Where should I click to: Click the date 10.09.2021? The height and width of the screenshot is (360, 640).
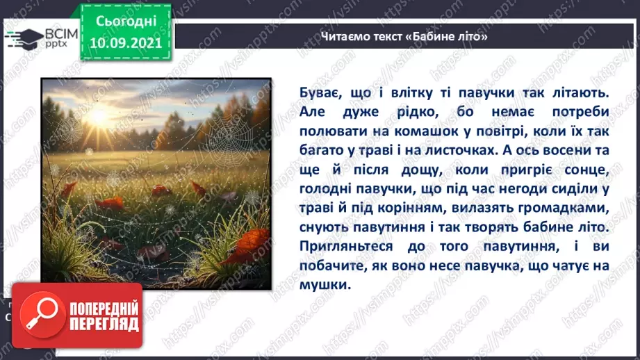pos(126,41)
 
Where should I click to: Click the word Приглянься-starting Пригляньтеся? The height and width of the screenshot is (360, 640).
pos(338,246)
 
